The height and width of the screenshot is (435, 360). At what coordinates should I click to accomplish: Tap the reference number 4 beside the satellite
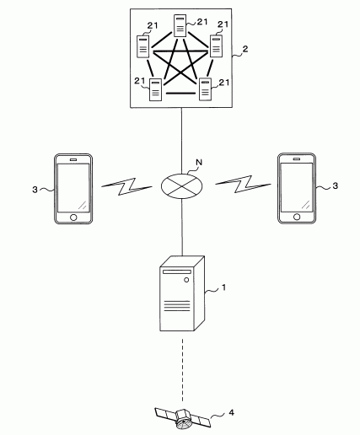pos(231,412)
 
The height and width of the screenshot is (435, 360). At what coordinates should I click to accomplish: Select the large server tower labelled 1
pos(182,293)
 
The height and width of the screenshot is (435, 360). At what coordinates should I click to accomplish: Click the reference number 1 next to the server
pos(223,287)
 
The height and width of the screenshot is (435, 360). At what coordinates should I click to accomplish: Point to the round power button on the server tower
pos(186,280)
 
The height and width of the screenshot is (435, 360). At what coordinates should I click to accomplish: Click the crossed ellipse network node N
pos(181,186)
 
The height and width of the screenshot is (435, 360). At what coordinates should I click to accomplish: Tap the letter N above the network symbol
pos(199,162)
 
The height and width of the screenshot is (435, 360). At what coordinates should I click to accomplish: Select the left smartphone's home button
pos(73,217)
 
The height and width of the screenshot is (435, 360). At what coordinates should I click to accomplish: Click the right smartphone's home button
pos(297,217)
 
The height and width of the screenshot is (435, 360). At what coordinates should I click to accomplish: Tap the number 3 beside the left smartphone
pos(35,190)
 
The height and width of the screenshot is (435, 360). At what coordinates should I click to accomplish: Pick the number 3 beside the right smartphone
pos(335,185)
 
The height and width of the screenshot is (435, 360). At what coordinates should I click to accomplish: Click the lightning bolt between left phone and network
pos(126,186)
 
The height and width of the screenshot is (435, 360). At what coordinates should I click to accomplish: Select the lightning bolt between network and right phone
pos(243,184)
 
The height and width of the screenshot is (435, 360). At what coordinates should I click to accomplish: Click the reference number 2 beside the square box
pos(245,49)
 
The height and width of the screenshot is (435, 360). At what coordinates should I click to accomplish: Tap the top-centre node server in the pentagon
pos(180,26)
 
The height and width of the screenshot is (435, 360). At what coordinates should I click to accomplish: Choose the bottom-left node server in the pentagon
pos(155,90)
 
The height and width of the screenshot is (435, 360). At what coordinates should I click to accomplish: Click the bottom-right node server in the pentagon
pos(205,89)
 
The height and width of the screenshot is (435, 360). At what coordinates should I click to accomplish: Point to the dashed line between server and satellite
pos(182,370)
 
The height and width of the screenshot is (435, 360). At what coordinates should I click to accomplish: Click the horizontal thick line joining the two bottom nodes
pos(180,93)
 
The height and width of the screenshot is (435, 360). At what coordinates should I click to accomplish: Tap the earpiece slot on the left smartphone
pos(73,159)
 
